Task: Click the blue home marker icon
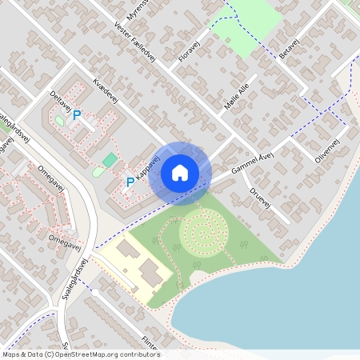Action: tap(180, 173)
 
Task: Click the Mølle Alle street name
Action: tap(238, 102)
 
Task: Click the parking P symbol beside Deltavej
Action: tap(78, 115)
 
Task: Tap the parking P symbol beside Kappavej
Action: tap(130, 182)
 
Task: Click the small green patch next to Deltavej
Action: tap(59, 121)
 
